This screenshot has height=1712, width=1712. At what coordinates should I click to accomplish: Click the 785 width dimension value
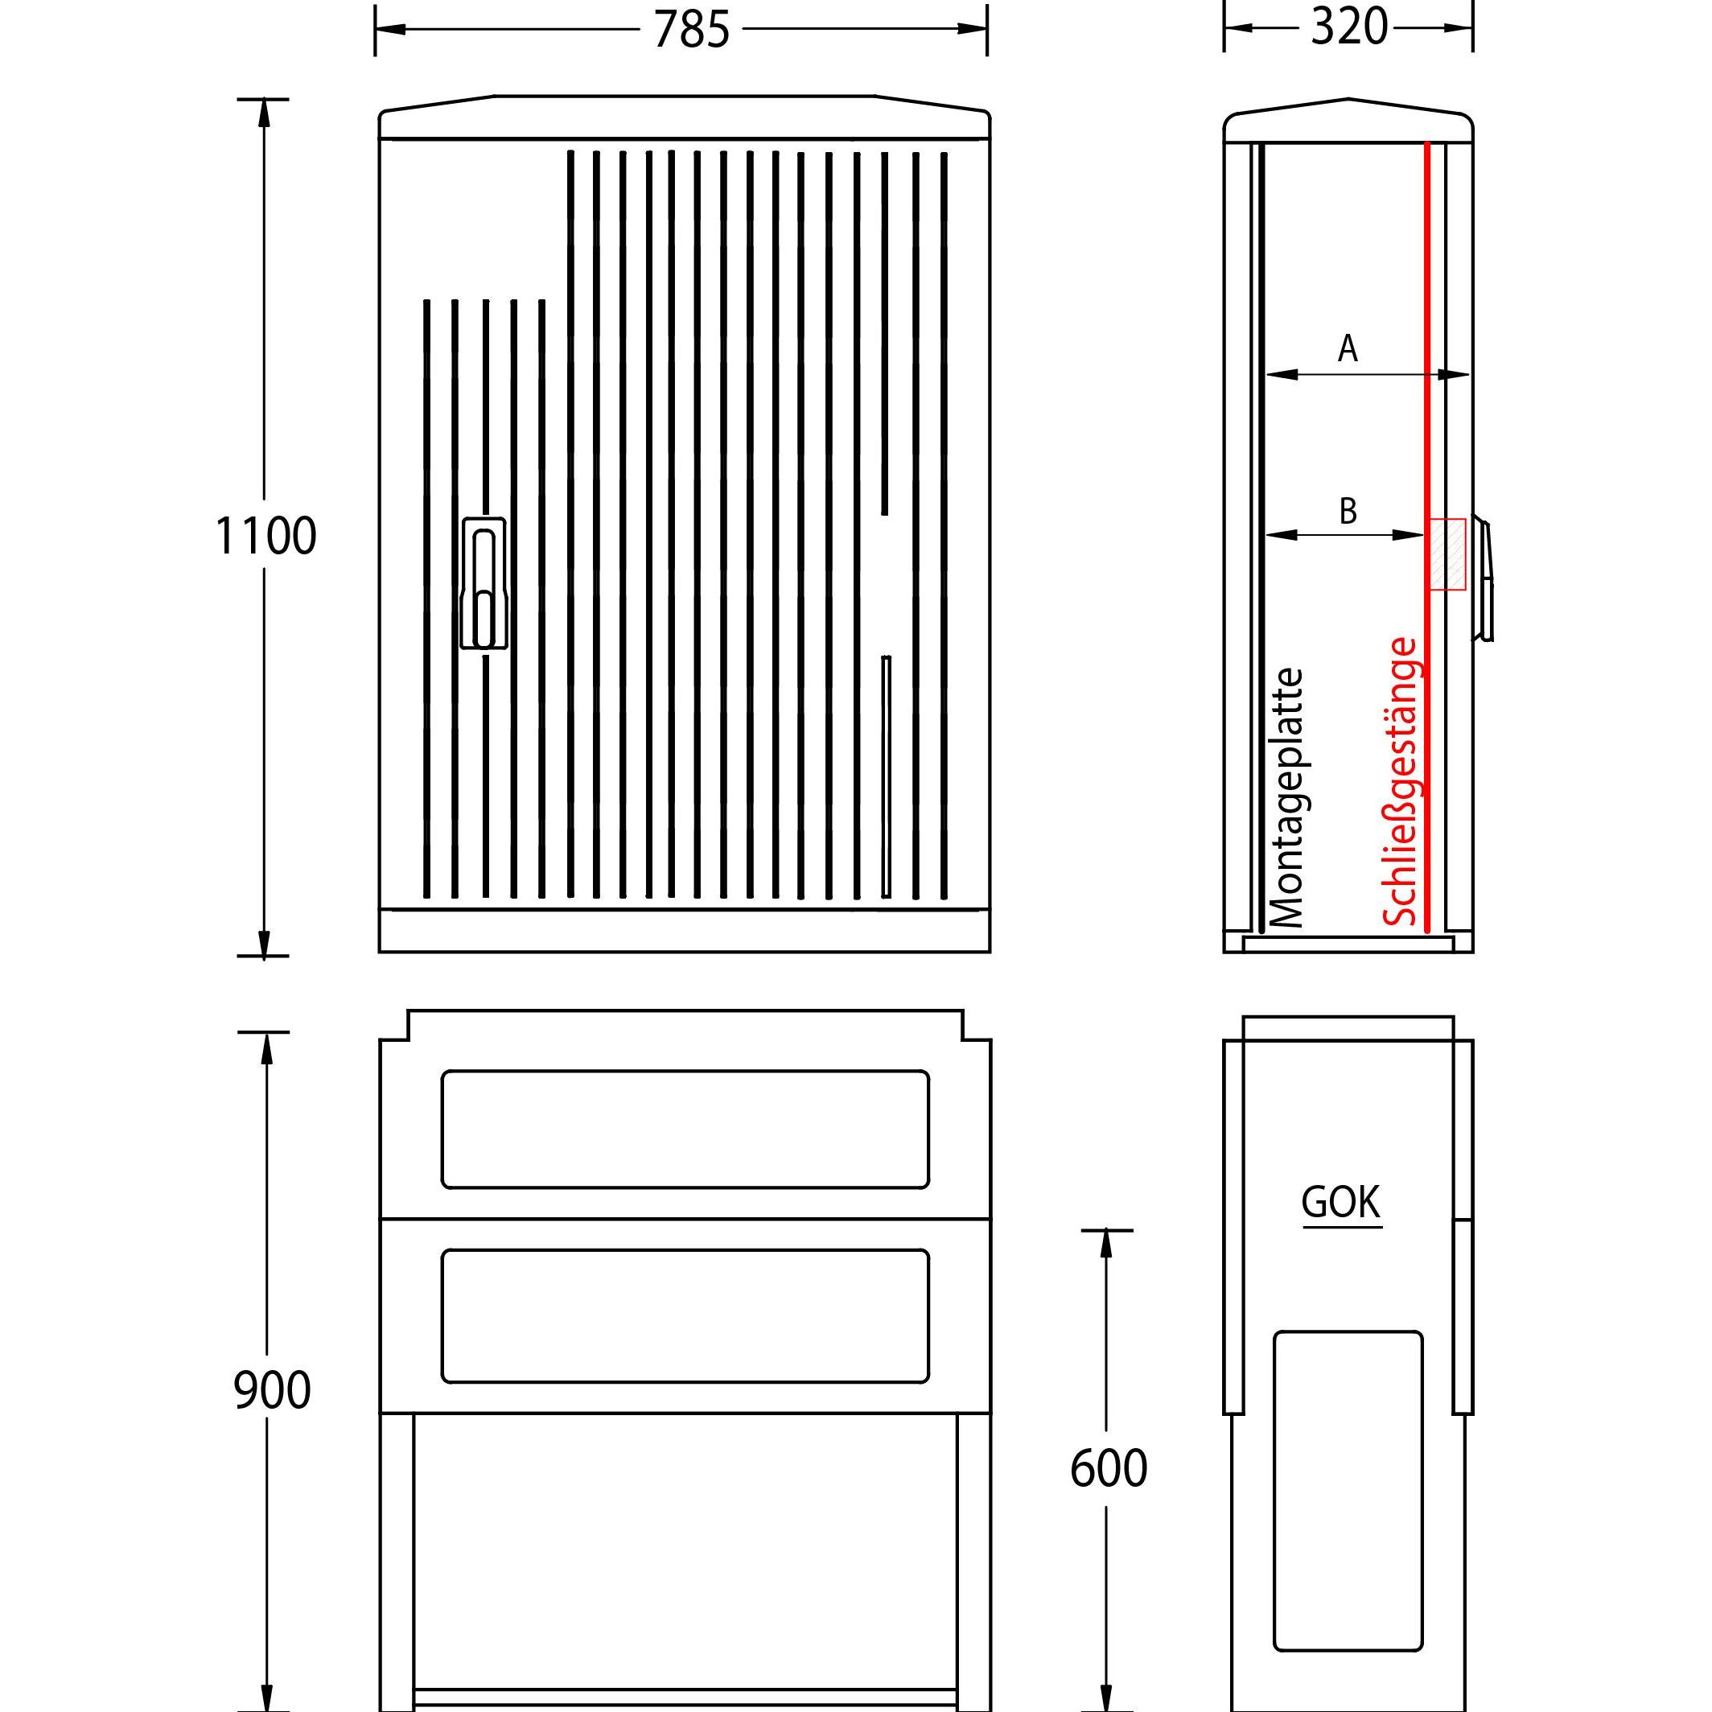coord(691,29)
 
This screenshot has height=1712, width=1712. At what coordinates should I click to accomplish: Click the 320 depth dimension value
coord(1348,27)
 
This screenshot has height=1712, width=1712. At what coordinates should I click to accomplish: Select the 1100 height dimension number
coord(265,535)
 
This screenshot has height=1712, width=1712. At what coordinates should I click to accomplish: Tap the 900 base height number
coord(271,1389)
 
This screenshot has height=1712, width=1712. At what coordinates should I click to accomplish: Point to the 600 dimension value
coord(1108,1468)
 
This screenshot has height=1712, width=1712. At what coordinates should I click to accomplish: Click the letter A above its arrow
coord(1347,348)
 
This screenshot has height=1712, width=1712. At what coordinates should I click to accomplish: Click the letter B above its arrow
coord(1348,510)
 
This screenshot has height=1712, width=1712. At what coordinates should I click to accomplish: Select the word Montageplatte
coord(1287,797)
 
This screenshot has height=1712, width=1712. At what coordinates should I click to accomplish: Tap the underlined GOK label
coord(1340,1203)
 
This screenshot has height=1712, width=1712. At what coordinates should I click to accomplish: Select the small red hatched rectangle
coord(1445,554)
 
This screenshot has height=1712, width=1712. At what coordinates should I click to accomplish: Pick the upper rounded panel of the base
coord(685,1129)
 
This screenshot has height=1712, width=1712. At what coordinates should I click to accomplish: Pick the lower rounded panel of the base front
coord(685,1316)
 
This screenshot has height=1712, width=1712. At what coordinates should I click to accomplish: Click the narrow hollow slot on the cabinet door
coord(885,776)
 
